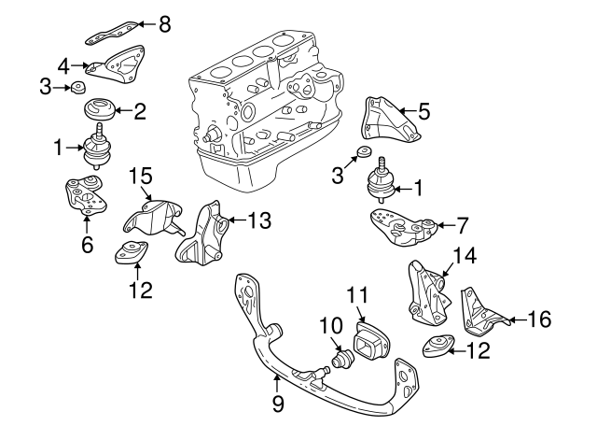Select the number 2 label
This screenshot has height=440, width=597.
click(x=140, y=113)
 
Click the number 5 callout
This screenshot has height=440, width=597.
click(x=423, y=113)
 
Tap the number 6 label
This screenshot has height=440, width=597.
click(x=87, y=245)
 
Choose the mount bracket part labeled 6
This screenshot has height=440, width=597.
click(x=83, y=197)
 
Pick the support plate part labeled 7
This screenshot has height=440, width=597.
click(x=401, y=227)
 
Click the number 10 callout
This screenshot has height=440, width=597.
click(x=326, y=324)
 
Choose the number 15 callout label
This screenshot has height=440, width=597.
click(x=140, y=175)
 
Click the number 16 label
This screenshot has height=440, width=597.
click(x=539, y=319)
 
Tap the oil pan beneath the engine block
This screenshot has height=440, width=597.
click(x=244, y=171)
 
